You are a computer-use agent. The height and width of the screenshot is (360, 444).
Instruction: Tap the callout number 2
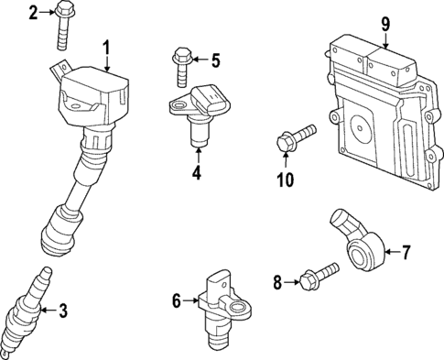33,12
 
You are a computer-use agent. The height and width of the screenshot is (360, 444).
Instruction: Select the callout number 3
62,312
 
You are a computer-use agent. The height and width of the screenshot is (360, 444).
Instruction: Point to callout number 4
195,171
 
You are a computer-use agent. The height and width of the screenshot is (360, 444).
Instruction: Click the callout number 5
215,61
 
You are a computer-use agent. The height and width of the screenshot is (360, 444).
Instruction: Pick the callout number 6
178,299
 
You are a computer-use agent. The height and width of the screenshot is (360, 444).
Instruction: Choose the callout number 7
407,249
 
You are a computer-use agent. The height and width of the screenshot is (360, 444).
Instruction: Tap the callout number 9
385,23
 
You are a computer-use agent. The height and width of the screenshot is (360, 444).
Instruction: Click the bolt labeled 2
66,25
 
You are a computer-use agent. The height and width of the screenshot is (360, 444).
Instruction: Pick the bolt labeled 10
295,140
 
